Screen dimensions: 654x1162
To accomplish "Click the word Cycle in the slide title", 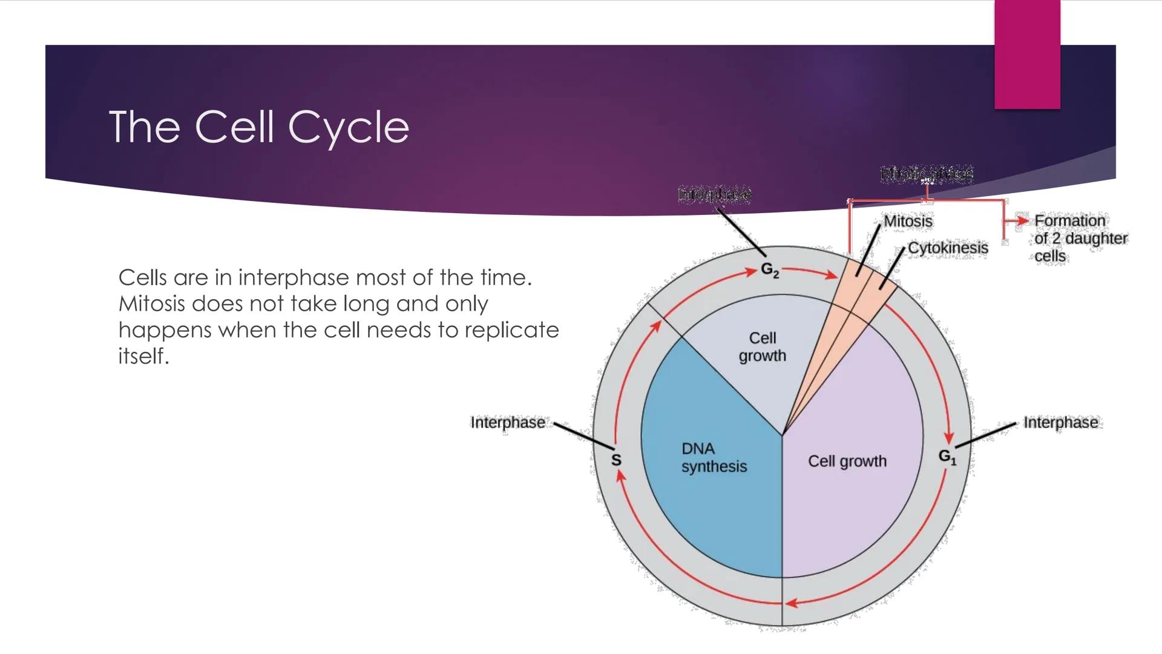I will (x=349, y=128).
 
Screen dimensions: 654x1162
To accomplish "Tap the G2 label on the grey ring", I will (x=769, y=270).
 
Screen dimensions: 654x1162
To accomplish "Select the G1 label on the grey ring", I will (x=947, y=457).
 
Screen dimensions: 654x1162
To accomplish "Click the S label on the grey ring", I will (x=616, y=460).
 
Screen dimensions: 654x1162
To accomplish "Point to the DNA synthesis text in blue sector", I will (x=714, y=458).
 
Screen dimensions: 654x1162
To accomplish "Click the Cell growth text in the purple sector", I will (x=847, y=461).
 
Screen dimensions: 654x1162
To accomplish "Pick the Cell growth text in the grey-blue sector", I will (x=762, y=347).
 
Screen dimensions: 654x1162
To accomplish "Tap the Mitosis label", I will (x=908, y=222).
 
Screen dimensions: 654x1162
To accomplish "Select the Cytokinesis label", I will (x=948, y=248).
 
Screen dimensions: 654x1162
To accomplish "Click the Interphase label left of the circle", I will (x=507, y=423).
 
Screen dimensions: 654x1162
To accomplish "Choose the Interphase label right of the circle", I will (x=1060, y=423).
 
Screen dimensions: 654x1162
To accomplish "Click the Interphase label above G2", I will (x=714, y=194).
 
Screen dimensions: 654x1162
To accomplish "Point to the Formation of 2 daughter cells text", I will (x=1080, y=239).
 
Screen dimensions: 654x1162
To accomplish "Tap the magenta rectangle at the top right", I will (x=1027, y=54).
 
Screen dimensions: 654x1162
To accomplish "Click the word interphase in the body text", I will (x=294, y=278).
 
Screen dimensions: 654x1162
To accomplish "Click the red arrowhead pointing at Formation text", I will (x=1022, y=221).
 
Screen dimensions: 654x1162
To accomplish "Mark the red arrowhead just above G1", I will (x=948, y=438).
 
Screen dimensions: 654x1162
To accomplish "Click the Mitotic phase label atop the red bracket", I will (x=927, y=174).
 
